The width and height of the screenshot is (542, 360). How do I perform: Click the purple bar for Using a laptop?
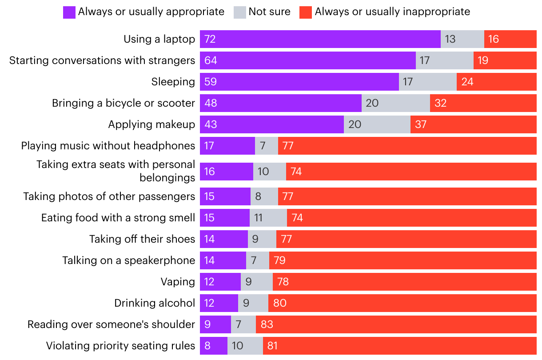320,39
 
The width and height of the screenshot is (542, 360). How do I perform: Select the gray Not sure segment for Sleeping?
427,82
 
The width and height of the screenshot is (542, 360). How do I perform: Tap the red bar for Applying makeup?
473,124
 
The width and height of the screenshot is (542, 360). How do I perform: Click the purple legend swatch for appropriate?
69,12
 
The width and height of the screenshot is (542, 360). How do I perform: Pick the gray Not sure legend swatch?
239,12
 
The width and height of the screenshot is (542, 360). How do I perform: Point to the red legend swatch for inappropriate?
306,12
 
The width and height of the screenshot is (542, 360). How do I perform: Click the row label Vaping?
178,282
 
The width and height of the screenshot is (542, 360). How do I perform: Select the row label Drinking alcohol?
155,303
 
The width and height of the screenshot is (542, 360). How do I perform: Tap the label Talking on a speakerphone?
128,260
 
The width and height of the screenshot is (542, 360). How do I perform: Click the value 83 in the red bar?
267,324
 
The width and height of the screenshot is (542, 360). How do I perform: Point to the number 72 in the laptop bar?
210,39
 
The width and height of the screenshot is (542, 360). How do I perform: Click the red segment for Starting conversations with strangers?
505,60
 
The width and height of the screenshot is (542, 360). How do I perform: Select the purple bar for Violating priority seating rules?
214,346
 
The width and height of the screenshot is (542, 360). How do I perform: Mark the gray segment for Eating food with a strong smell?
268,218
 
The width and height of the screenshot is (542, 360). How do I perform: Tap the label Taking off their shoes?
142,239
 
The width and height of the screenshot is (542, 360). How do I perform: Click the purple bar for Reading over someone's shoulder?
215,324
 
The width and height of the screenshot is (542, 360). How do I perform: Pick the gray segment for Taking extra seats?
270,172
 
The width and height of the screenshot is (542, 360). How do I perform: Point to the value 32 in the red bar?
441,103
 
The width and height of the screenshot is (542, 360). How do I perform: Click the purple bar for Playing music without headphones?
227,146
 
